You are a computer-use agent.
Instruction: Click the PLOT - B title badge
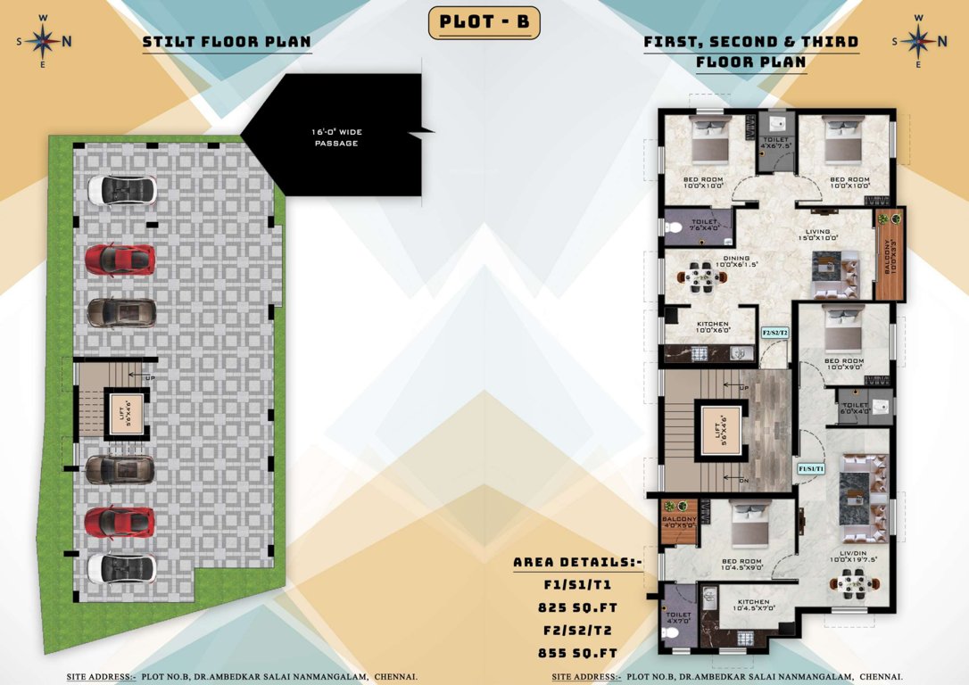484,22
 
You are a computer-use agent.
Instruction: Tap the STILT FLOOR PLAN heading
227,42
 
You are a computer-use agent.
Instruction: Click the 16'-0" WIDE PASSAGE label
336,137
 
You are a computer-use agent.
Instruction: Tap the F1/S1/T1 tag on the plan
811,467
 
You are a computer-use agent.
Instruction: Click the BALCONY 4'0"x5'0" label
678,522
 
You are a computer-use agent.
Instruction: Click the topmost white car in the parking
121,189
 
